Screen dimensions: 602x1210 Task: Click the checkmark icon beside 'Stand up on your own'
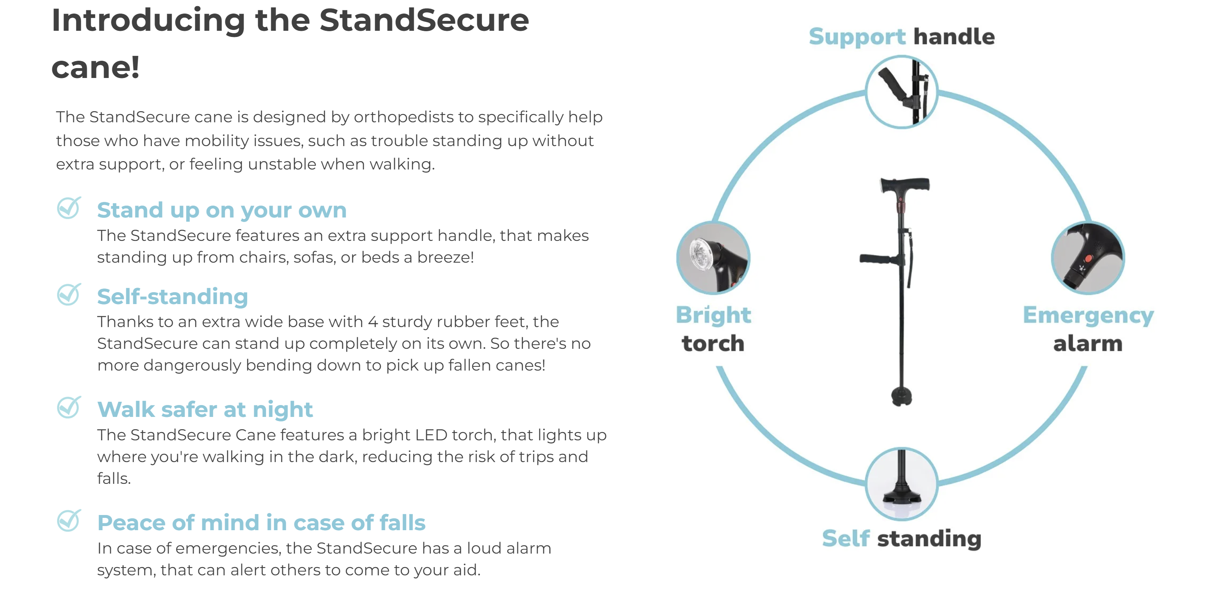(69, 208)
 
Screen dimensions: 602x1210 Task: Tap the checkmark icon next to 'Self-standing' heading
(69, 295)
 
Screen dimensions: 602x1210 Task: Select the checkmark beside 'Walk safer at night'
(69, 407)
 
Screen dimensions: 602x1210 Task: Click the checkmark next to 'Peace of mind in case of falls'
(69, 521)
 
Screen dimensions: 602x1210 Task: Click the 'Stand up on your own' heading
(222, 210)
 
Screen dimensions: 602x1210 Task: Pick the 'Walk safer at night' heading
(205, 409)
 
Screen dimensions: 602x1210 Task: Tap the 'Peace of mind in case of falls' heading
(261, 522)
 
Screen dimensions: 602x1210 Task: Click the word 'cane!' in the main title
(96, 67)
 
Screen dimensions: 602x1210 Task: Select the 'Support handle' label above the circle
(901, 37)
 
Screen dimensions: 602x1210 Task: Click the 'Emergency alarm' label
(1088, 329)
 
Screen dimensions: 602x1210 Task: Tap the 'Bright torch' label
(713, 329)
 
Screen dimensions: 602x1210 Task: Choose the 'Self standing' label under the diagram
(901, 538)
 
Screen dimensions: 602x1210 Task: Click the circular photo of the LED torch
(713, 258)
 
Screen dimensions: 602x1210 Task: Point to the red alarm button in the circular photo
(1088, 259)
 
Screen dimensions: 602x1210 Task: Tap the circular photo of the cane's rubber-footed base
(901, 484)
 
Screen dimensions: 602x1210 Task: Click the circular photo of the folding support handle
(901, 92)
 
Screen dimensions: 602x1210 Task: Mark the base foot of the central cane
(901, 396)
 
